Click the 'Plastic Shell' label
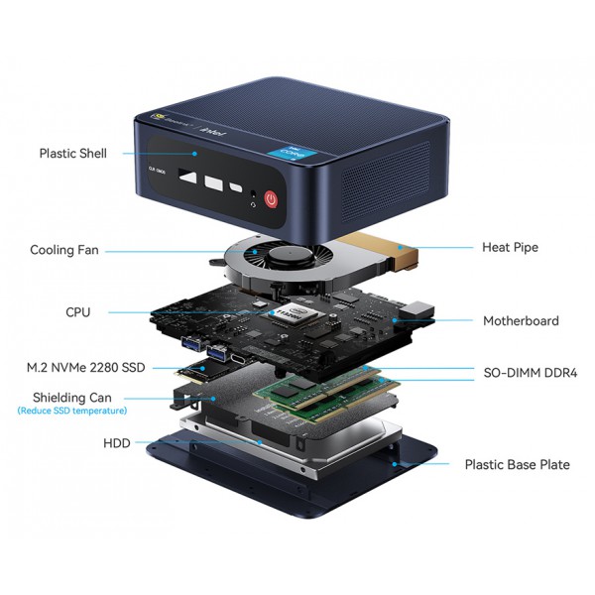point(72,154)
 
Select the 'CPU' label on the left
point(77,312)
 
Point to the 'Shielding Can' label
point(71,397)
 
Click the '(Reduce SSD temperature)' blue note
point(71,411)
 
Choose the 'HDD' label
point(115,443)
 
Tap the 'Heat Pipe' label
point(510,247)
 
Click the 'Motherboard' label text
point(521,320)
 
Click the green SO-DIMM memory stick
point(322,392)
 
